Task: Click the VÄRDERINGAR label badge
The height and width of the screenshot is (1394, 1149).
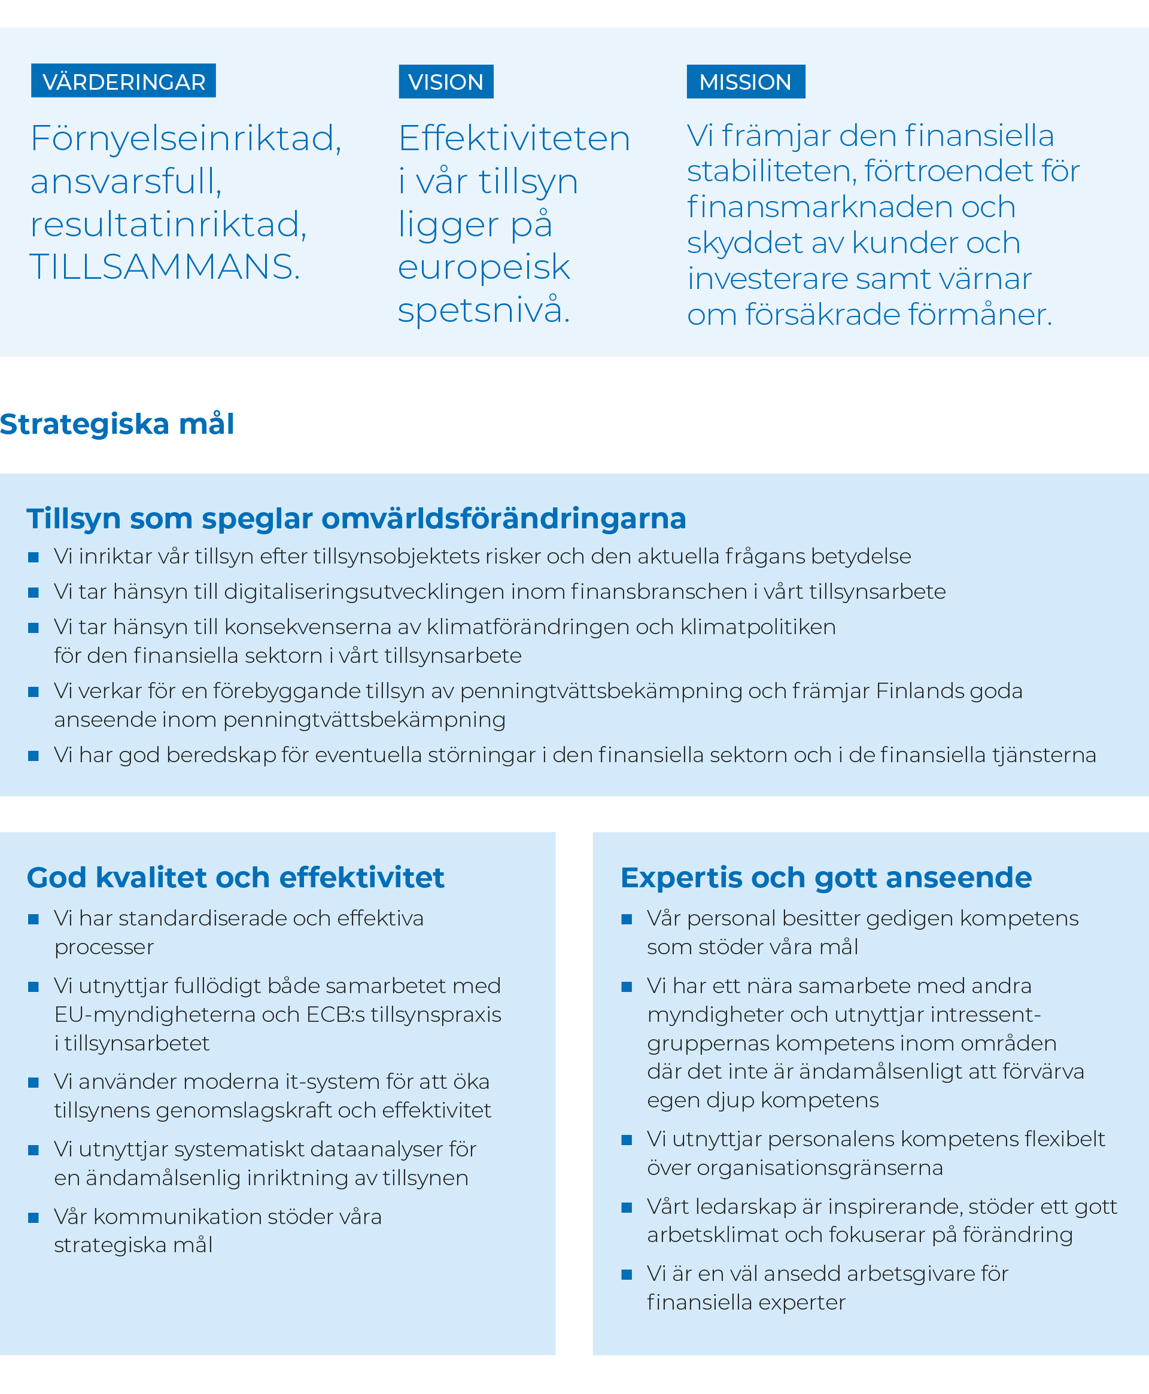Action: click(123, 81)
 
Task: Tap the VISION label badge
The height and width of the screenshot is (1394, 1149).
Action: click(445, 81)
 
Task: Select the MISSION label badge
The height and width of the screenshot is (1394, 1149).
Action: click(745, 81)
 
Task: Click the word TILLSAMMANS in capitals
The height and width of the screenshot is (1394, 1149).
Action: click(164, 267)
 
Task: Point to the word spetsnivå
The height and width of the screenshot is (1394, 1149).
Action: click(483, 310)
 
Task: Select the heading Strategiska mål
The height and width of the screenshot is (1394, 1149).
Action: click(117, 424)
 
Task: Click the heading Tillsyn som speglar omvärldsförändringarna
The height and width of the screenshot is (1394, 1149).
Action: click(356, 519)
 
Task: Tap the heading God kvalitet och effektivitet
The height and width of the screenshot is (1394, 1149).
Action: click(235, 878)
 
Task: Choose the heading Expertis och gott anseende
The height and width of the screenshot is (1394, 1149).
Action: click(826, 878)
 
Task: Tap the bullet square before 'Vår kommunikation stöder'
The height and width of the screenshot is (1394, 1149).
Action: click(34, 1218)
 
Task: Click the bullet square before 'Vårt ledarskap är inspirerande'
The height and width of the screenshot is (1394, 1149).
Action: click(627, 1207)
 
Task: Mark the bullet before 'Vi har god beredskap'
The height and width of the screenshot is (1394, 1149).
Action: click(34, 756)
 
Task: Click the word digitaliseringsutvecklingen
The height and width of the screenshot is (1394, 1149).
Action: click(394, 592)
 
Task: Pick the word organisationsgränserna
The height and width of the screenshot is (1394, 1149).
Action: click(820, 1168)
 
